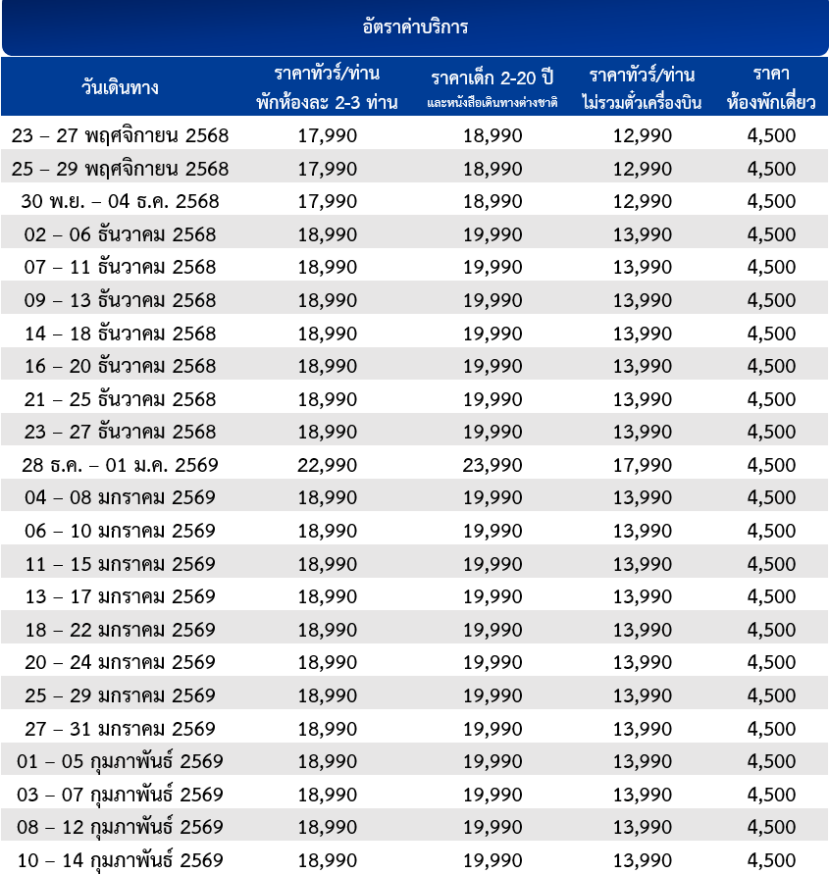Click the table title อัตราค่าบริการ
(x=414, y=26)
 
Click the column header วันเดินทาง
(x=120, y=87)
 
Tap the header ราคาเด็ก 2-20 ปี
(x=492, y=77)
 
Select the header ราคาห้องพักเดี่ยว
(x=771, y=88)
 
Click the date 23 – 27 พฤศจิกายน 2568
(x=120, y=135)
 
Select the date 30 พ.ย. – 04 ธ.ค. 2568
(x=120, y=201)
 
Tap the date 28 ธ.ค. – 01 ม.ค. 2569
(x=120, y=465)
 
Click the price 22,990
(x=327, y=465)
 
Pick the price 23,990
(x=492, y=465)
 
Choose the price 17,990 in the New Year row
(x=643, y=465)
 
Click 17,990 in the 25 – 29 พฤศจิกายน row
(x=327, y=169)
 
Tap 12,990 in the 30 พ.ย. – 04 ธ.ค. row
(x=643, y=201)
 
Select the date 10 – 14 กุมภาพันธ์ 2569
(x=120, y=860)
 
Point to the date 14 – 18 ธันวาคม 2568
(x=120, y=334)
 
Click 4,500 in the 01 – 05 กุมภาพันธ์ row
(x=771, y=761)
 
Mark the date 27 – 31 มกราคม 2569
(x=120, y=729)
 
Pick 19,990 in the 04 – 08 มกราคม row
(x=492, y=497)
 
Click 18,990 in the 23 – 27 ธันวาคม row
(x=327, y=432)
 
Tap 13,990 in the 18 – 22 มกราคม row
(x=643, y=630)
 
